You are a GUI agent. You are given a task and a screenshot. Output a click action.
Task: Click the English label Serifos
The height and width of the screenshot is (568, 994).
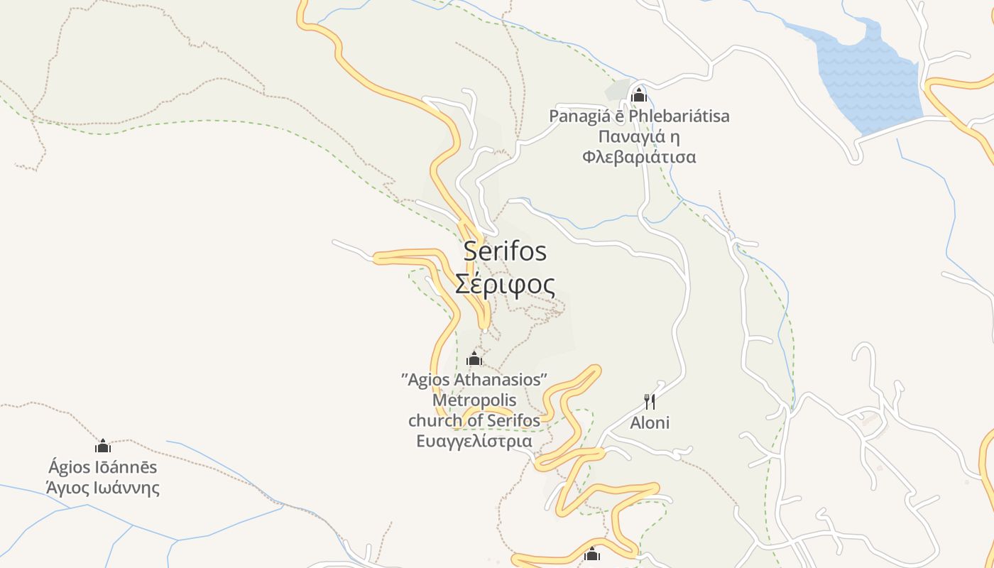point(505,251)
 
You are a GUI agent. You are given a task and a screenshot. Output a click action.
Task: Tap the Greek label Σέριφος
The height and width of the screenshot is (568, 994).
point(505,284)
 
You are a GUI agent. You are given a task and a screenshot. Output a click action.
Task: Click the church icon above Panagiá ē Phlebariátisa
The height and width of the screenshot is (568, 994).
point(638,94)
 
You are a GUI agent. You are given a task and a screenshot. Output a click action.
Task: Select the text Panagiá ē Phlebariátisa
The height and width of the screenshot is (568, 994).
point(639,116)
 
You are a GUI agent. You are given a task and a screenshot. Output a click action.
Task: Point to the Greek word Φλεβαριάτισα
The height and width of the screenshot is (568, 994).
point(639,157)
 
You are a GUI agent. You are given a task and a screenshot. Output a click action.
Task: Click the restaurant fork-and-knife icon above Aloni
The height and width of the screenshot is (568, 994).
point(650,402)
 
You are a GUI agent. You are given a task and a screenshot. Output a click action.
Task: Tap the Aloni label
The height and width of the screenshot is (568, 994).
point(650,423)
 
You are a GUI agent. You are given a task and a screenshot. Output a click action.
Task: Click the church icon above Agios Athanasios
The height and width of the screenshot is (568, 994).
point(474,359)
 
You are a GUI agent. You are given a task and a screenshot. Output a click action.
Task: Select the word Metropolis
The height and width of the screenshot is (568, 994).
point(474,400)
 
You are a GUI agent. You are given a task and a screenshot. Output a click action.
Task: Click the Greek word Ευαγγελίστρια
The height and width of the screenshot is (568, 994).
point(474,441)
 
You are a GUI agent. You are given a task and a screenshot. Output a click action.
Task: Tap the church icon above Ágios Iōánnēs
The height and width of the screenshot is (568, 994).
point(103,446)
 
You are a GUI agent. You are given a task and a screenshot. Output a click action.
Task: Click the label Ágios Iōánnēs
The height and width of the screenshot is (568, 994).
point(103,467)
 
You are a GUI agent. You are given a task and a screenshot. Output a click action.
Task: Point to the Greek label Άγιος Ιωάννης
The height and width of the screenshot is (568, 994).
point(103,488)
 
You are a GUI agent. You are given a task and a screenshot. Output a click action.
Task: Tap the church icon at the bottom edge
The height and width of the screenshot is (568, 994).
point(592,555)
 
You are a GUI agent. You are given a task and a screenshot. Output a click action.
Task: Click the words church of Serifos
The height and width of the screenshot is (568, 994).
point(474,420)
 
